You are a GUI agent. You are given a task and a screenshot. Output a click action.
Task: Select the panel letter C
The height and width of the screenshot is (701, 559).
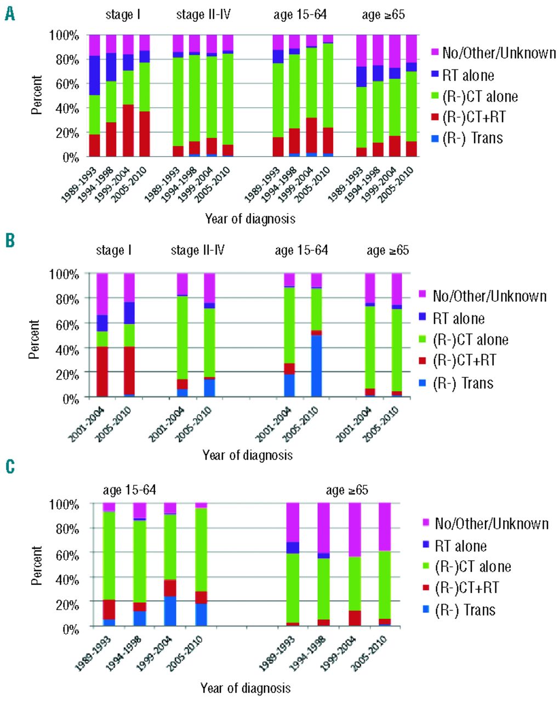(9, 467)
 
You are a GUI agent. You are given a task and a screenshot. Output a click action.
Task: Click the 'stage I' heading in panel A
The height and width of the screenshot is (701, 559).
(124, 15)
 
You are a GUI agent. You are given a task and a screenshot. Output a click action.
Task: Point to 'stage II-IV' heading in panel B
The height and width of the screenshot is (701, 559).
(198, 251)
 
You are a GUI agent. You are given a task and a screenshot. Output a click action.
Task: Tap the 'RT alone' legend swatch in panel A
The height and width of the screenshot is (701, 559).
(435, 75)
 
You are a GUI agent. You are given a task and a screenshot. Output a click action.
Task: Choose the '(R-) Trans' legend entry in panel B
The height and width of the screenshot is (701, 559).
(463, 383)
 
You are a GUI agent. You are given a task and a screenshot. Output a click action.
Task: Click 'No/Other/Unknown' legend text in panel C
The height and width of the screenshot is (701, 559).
(492, 524)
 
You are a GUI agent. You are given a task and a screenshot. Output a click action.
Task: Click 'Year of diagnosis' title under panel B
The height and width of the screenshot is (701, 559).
(247, 455)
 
